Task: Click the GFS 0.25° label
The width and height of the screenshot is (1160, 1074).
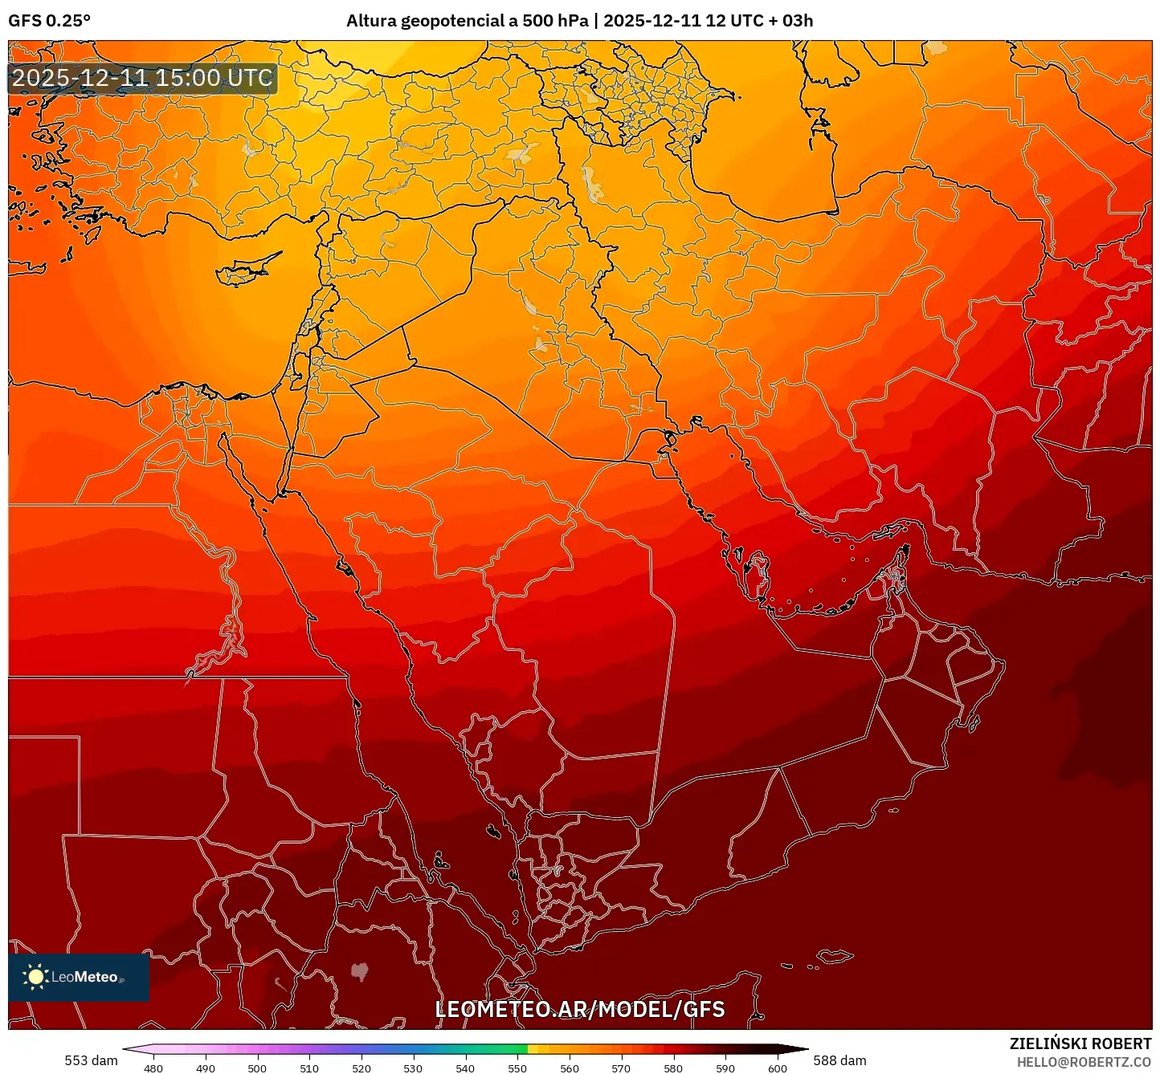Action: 49,21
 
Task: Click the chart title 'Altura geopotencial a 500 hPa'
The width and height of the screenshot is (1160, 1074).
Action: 467,21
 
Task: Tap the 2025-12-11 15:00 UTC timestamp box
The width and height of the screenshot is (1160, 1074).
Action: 142,79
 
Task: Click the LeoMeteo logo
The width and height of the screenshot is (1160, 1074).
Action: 79,977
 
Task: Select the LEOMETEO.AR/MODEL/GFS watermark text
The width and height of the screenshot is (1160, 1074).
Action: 579,1009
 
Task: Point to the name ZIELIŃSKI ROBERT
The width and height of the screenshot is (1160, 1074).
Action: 1080,1043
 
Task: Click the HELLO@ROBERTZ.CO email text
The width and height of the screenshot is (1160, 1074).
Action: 1084,1062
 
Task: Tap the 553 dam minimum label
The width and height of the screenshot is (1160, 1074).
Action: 91,1060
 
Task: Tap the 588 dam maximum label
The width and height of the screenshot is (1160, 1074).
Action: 839,1060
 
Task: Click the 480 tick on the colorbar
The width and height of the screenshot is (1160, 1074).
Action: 153,1068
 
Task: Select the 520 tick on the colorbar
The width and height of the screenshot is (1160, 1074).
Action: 361,1068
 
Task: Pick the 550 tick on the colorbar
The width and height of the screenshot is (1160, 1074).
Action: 517,1068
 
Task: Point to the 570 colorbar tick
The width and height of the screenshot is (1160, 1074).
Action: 621,1068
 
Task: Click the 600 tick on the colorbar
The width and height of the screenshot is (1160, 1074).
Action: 777,1068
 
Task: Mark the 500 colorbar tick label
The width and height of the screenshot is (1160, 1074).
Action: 257,1068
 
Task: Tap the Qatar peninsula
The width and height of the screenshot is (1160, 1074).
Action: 758,572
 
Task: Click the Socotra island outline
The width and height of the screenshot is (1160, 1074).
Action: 835,956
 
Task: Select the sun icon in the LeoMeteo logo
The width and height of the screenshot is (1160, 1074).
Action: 35,977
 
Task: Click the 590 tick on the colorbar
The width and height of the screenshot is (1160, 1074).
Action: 725,1068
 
